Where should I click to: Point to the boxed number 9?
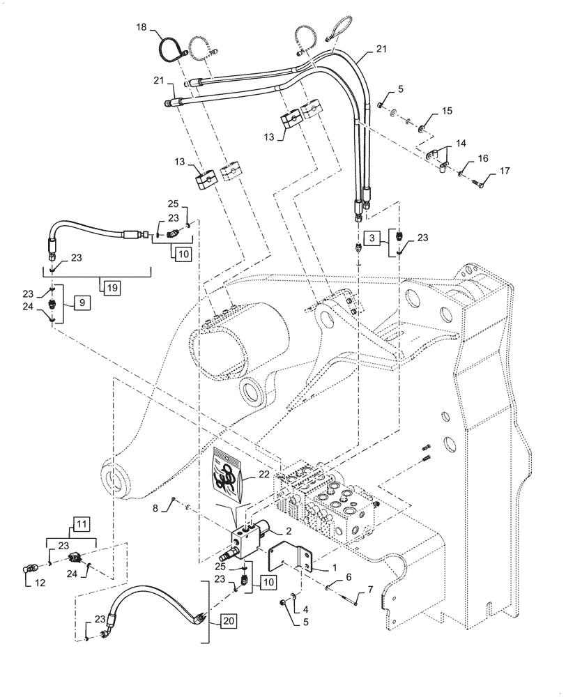[x=82, y=303]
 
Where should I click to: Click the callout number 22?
[x=263, y=474]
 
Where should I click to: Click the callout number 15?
[x=447, y=111]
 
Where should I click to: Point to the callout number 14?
[x=461, y=144]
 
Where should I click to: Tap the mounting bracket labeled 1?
[x=290, y=560]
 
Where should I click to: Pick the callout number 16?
[x=482, y=160]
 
